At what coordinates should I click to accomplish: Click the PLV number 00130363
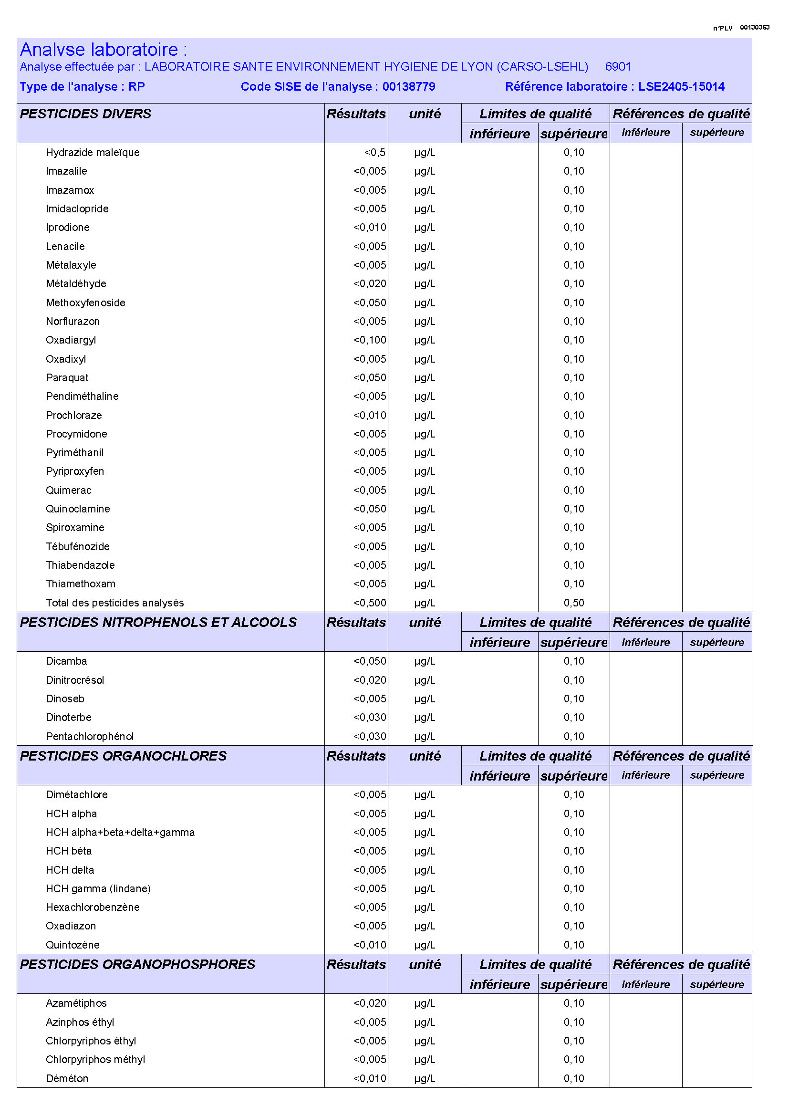coord(754,27)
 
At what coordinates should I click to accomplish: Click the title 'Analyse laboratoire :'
coord(103,50)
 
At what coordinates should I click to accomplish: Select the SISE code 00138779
coord(409,86)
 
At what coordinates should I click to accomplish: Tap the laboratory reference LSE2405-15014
coord(681,86)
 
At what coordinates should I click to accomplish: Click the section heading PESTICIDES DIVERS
coord(85,114)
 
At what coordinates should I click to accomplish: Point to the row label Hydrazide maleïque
coord(93,152)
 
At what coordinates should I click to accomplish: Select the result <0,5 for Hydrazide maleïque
coord(374,152)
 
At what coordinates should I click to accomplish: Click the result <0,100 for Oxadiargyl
coord(370,340)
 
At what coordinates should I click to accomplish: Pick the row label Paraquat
coord(67,378)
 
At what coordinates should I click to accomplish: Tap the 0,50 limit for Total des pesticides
coord(574,603)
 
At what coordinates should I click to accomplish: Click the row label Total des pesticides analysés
coord(114,603)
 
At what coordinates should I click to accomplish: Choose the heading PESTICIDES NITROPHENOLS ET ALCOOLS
coord(158,622)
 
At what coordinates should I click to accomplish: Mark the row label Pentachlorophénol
coord(89,736)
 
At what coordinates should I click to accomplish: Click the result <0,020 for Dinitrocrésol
coord(370,680)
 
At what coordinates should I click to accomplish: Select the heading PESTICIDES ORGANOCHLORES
coord(123,756)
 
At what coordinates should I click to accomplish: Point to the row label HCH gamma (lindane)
coord(98,888)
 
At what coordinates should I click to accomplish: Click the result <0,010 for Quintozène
coord(370,945)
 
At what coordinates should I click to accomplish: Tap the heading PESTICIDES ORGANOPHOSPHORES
coord(137,964)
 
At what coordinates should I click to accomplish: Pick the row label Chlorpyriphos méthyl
coord(95,1059)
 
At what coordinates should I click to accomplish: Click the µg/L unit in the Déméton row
coord(424,1079)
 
